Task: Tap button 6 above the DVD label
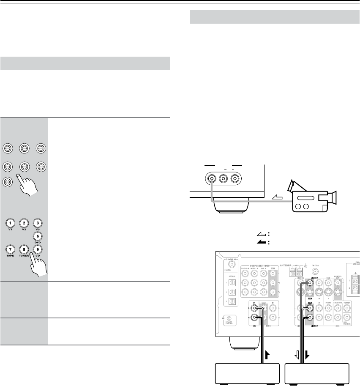pyautogui.click(x=38, y=238)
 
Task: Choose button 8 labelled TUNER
pyautogui.click(x=24, y=249)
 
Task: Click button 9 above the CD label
pyautogui.click(x=38, y=249)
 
